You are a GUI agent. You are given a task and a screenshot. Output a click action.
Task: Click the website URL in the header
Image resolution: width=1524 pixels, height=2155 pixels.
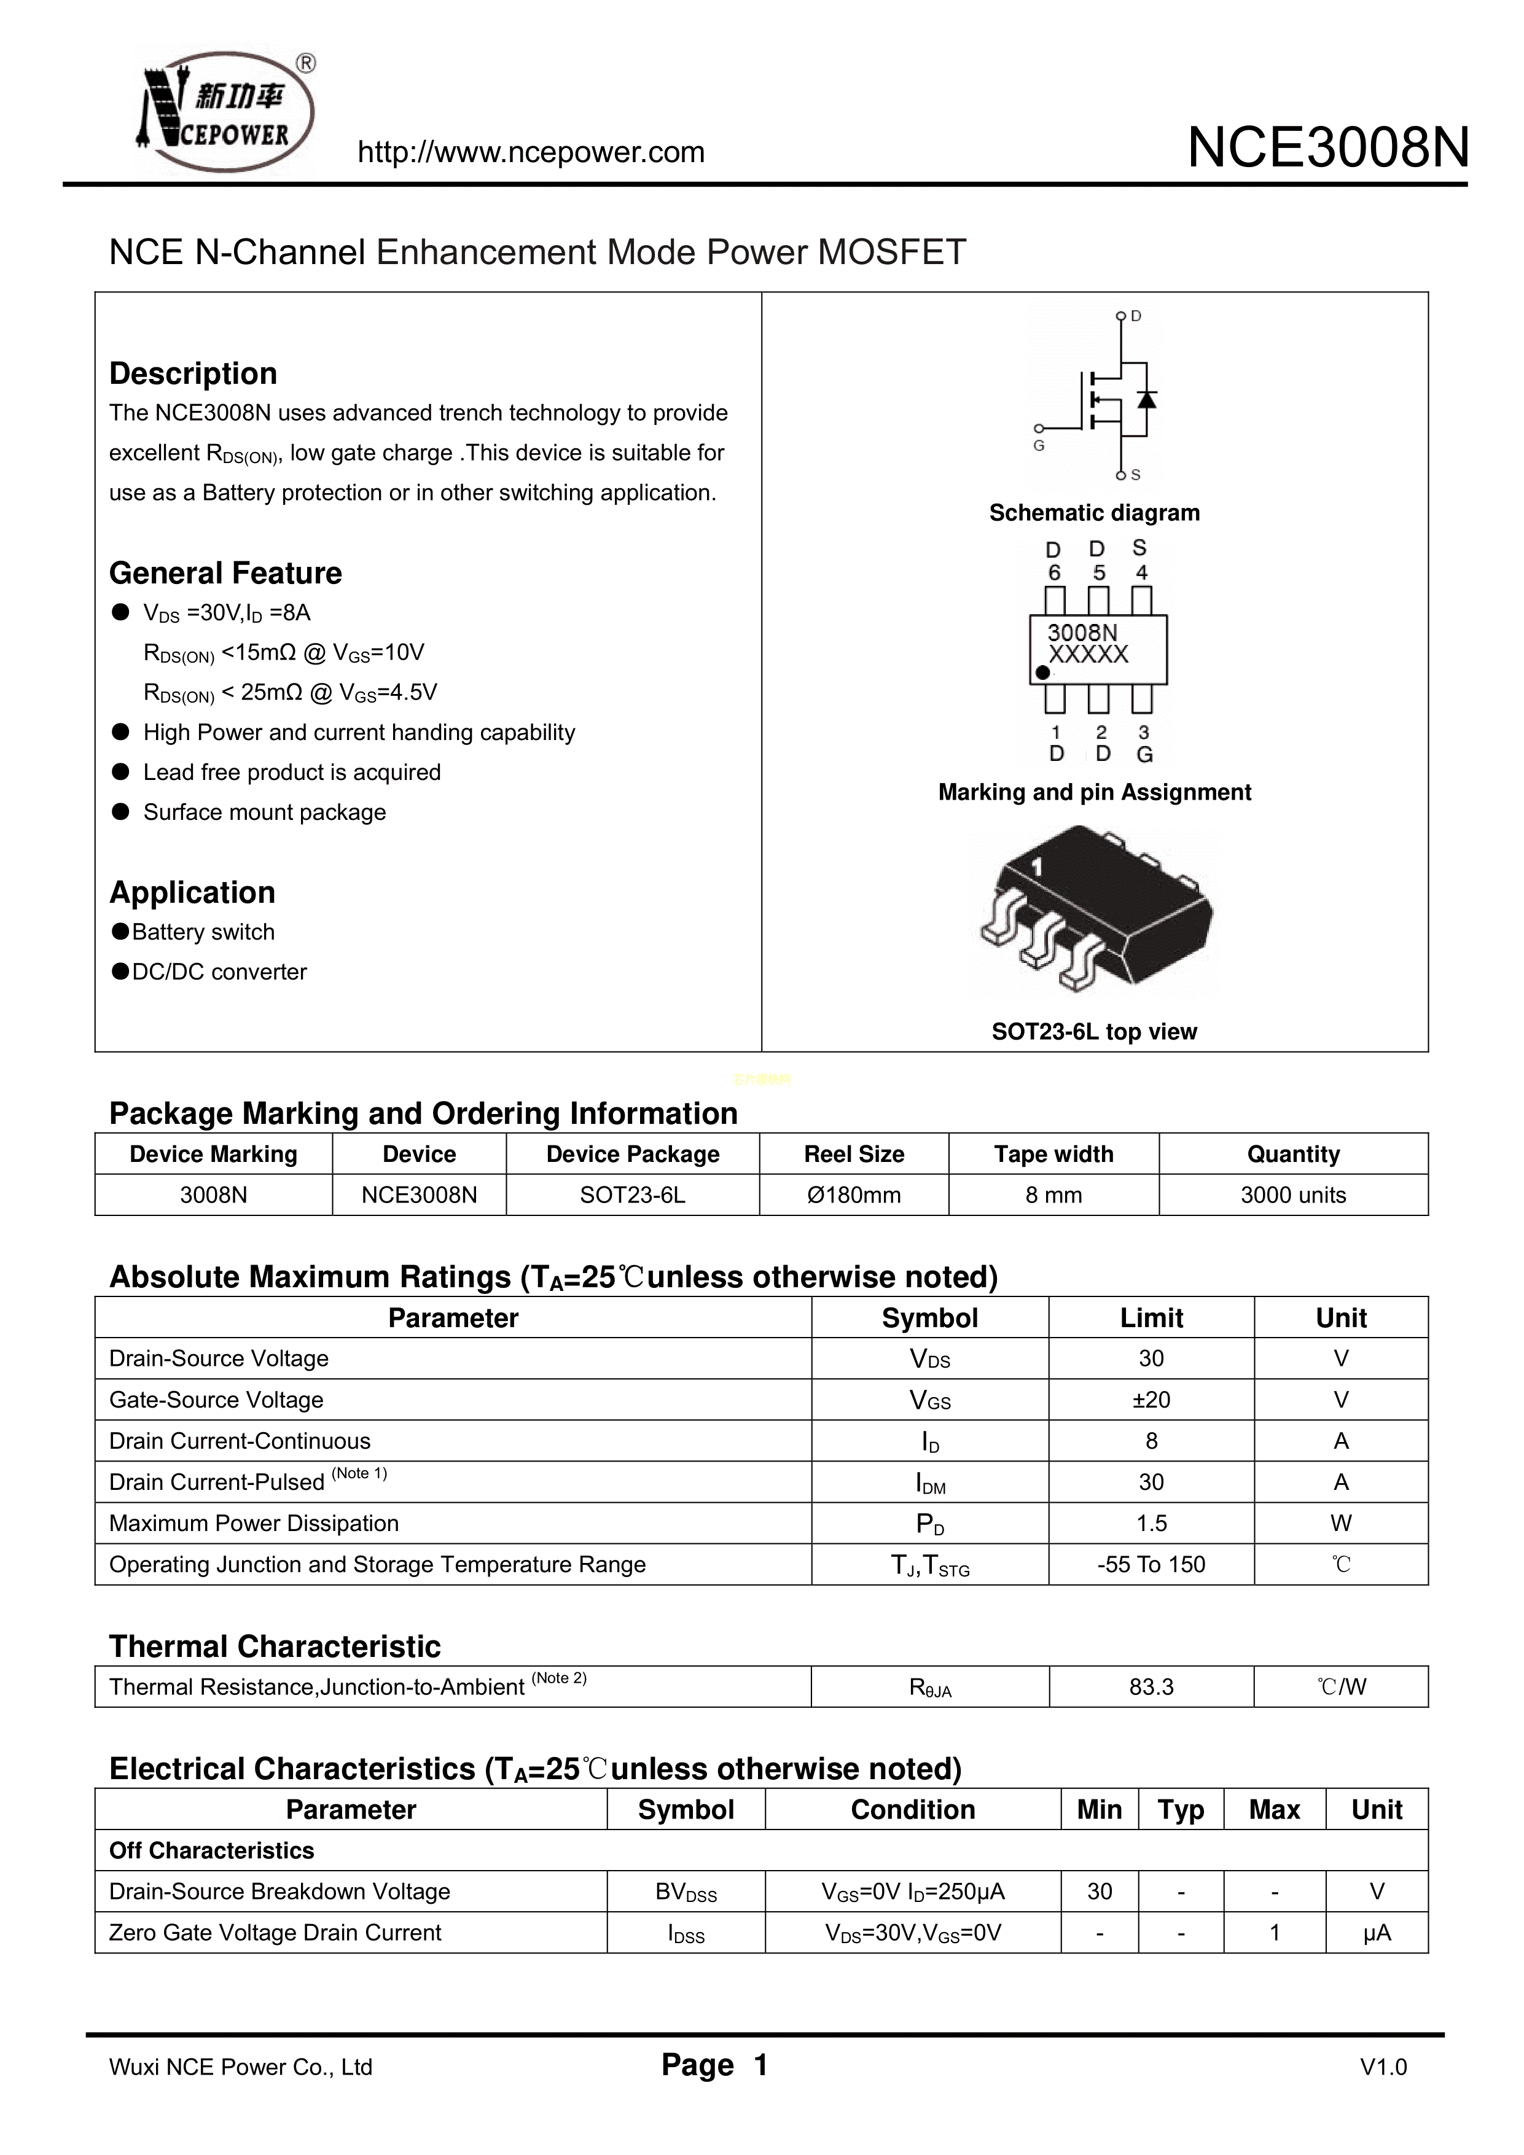(x=531, y=152)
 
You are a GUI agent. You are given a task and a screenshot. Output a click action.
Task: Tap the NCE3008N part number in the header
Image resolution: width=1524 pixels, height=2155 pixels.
(x=1328, y=148)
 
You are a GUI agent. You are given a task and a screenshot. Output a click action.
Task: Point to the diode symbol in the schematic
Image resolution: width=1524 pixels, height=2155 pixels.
(x=1146, y=400)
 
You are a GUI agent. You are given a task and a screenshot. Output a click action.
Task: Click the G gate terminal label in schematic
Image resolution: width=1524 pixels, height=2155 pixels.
(x=1039, y=446)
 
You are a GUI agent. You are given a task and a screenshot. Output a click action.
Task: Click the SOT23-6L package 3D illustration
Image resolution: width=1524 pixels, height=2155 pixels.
(x=1095, y=908)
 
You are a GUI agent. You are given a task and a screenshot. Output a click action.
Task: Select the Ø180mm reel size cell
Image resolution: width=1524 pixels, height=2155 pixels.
(x=854, y=1195)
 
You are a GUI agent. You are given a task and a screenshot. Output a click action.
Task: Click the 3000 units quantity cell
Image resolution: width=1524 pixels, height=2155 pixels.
(x=1293, y=1195)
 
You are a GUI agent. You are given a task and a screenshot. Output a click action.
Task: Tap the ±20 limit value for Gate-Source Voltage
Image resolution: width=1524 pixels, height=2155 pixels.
(x=1151, y=1400)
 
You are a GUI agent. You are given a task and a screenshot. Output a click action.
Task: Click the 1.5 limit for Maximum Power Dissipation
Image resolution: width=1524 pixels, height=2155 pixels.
(x=1151, y=1523)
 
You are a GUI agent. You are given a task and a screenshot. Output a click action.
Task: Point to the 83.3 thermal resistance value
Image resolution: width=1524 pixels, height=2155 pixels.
(x=1151, y=1686)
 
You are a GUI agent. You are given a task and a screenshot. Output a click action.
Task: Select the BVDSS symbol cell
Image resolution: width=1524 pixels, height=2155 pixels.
(x=686, y=1892)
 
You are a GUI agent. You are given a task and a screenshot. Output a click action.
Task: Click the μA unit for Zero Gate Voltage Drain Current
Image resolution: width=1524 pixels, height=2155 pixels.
(x=1377, y=1933)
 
